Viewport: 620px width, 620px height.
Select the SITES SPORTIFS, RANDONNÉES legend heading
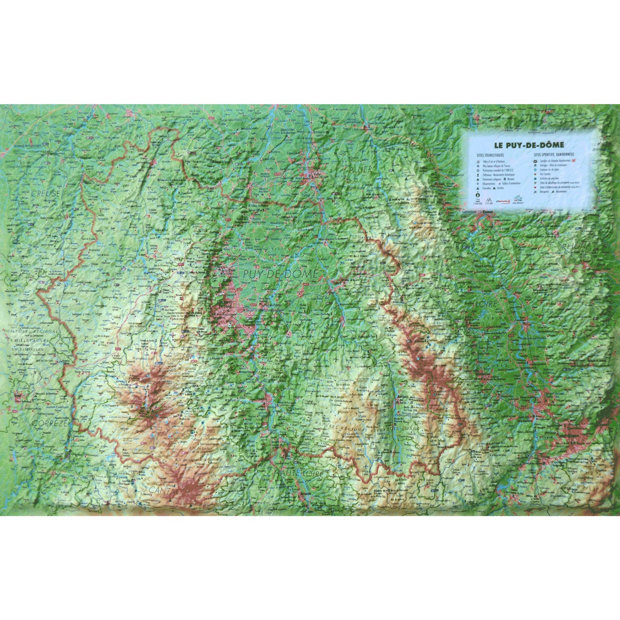(x=553, y=155)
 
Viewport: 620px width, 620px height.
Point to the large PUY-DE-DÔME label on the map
(x=281, y=274)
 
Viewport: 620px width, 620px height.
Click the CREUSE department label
(x=45, y=193)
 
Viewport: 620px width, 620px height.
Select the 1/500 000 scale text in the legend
(x=478, y=203)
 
